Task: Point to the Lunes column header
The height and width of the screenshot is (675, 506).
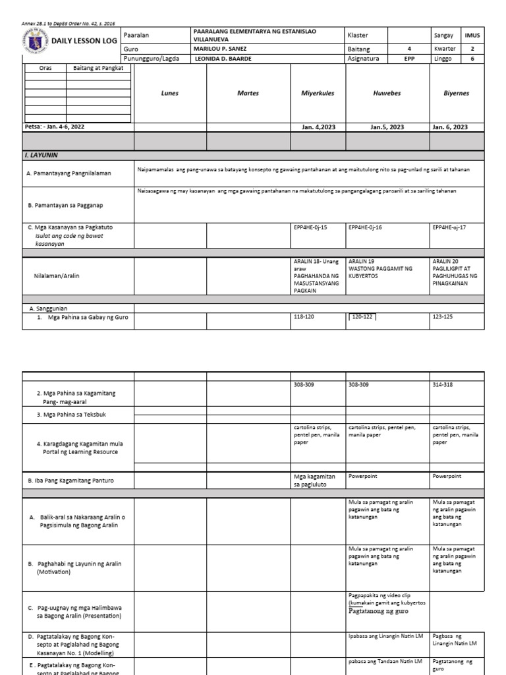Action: pyautogui.click(x=170, y=93)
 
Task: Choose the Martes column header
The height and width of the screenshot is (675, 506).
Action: pyautogui.click(x=248, y=93)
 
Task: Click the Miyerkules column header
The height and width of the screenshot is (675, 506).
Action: pyautogui.click(x=318, y=93)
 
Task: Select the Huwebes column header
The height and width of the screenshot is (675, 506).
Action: pyautogui.click(x=387, y=93)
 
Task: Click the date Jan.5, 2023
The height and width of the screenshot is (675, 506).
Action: pyautogui.click(x=387, y=127)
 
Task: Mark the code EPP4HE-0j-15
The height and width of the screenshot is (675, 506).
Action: pyautogui.click(x=310, y=227)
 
